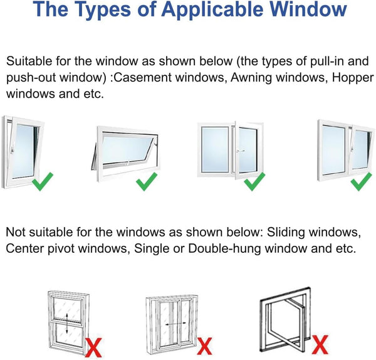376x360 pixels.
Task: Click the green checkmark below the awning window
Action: pyautogui.click(x=147, y=184)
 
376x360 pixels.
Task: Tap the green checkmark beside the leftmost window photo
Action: pyautogui.click(x=43, y=184)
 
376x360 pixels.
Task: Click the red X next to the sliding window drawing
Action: pyautogui.click(x=204, y=344)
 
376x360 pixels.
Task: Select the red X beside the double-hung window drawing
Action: pyautogui.click(x=93, y=343)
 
